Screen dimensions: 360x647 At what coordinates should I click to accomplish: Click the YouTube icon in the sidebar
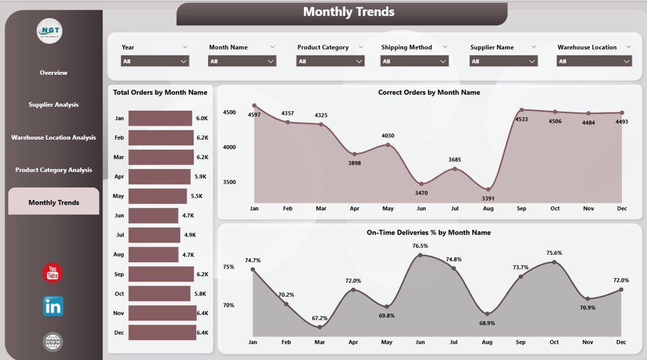[x=53, y=273]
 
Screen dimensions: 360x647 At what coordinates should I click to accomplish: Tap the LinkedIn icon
[x=53, y=306]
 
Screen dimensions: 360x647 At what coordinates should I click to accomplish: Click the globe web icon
[x=53, y=342]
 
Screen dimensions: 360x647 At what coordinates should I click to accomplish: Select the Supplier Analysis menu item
[x=54, y=105]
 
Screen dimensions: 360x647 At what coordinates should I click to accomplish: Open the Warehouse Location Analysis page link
[x=54, y=138]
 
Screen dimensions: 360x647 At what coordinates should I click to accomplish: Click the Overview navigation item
[x=54, y=73]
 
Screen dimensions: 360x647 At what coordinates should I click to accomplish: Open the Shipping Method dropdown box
[x=414, y=61]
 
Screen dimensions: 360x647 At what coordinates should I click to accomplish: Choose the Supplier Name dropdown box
[x=503, y=61]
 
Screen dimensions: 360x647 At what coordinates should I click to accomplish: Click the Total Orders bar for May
[x=158, y=196]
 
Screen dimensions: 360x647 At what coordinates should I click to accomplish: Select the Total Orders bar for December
[x=162, y=333]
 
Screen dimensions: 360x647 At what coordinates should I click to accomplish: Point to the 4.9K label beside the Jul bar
[x=190, y=235]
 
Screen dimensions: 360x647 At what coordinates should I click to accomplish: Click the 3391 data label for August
[x=488, y=198]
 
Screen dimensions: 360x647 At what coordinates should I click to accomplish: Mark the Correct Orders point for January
[x=254, y=106]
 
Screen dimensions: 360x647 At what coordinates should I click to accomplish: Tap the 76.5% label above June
[x=420, y=246]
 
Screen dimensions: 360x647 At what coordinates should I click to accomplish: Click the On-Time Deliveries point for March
[x=319, y=327]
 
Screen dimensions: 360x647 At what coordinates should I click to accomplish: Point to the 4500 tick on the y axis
[x=229, y=112]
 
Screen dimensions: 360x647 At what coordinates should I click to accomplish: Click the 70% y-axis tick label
[x=228, y=305]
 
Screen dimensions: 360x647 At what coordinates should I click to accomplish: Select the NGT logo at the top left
[x=50, y=31]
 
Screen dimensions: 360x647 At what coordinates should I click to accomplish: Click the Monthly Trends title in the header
[x=349, y=12]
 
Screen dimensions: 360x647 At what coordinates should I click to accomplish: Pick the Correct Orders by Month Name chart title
[x=429, y=93]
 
